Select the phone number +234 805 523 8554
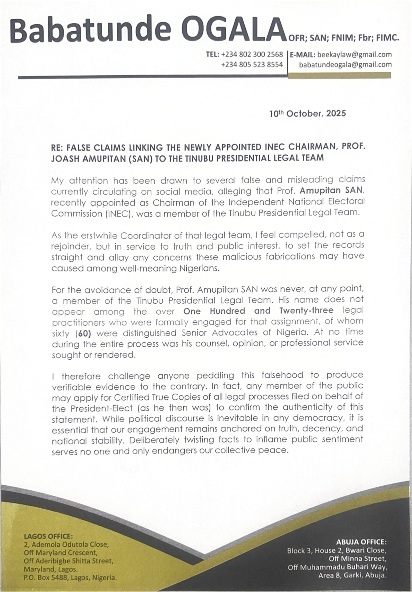(252, 64)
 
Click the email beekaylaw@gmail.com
(355, 55)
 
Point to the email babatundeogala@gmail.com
(345, 65)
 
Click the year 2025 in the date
(336, 114)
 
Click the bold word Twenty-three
(306, 311)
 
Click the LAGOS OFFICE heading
(48, 536)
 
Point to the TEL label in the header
(212, 55)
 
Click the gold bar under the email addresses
(339, 75)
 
